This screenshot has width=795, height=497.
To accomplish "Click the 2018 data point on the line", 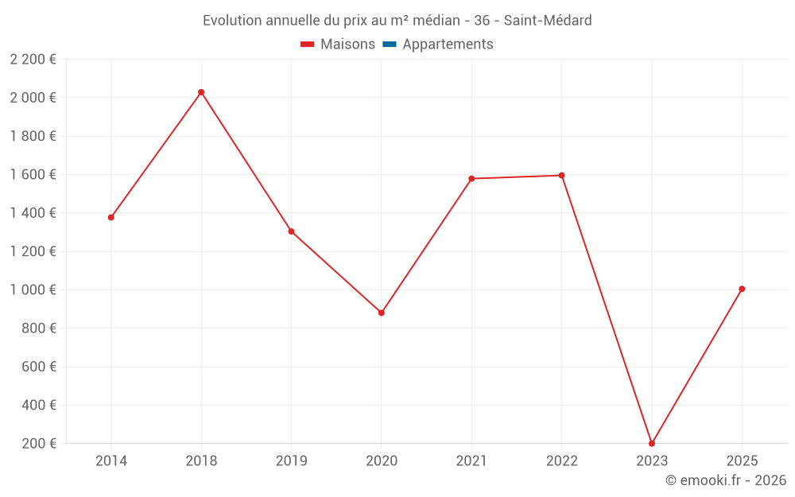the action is coord(201,92).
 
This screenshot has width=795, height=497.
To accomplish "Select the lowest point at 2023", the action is coord(652,443).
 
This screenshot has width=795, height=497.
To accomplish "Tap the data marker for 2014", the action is coord(111,218).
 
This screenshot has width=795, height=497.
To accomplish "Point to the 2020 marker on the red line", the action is coord(382,313).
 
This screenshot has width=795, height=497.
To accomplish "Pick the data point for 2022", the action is coord(562,176).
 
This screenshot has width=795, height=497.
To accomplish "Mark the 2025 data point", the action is coord(742,289).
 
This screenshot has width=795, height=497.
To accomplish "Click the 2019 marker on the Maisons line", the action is coord(292,231).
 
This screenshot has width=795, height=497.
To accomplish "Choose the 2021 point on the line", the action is coord(471,178).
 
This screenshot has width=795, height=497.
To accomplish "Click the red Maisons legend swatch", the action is coord(307,45).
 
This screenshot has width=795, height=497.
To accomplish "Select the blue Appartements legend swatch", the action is coord(390,45).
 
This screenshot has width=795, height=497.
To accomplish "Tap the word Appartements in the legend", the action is coord(448,45).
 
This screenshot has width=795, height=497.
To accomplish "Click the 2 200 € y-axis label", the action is coord(33,60).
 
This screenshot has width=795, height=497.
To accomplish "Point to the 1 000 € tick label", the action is coord(33,289).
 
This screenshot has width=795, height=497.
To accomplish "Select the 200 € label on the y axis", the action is coord(39,443).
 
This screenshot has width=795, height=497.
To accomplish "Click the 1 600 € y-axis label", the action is coord(33,174).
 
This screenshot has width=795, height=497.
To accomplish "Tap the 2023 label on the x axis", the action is coord(652,461).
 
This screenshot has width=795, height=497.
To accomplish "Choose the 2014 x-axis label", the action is coord(111,461).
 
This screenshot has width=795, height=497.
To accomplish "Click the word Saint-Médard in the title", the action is coord(548,21).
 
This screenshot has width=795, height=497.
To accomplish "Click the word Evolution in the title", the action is coord(232,21).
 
